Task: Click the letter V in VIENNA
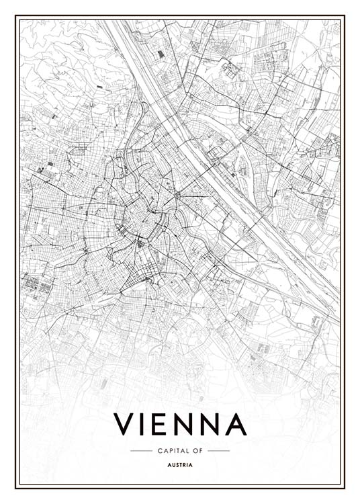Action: (x=126, y=424)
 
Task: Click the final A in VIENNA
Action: (x=237, y=424)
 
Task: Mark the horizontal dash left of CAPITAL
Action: (x=141, y=450)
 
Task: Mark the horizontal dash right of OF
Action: (x=218, y=450)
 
